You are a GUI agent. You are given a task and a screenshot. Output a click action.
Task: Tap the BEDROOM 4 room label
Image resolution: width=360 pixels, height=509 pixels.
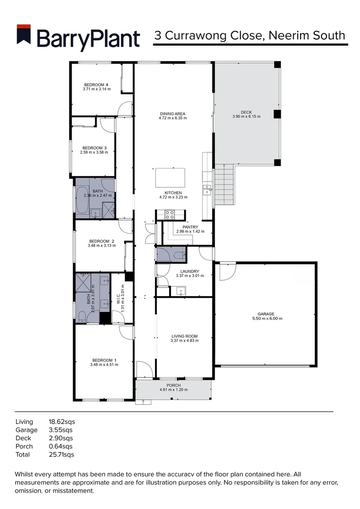click(x=96, y=85)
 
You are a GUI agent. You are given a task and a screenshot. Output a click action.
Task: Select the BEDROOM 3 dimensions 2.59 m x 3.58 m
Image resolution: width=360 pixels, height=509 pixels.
click(x=94, y=152)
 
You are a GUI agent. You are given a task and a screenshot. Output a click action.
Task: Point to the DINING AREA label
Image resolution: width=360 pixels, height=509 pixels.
click(x=172, y=114)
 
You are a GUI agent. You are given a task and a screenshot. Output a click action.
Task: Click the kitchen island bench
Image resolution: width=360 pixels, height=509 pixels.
click(x=170, y=178)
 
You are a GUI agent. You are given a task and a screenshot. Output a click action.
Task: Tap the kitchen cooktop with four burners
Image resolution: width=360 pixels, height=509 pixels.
click(x=170, y=214)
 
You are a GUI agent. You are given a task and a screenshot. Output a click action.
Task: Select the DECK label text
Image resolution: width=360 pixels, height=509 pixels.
click(x=246, y=112)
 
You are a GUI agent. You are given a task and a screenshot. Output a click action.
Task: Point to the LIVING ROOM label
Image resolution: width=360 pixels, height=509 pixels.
click(x=184, y=336)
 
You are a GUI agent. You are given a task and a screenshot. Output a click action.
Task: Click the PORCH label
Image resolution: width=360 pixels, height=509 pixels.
click(x=173, y=385)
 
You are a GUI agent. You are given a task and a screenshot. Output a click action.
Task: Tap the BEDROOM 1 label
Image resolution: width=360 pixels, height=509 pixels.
click(x=103, y=360)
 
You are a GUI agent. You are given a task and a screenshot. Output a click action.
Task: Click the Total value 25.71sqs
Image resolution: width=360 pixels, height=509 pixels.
click(x=61, y=455)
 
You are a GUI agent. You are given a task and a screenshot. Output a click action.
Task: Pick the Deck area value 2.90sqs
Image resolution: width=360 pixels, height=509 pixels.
click(x=60, y=438)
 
